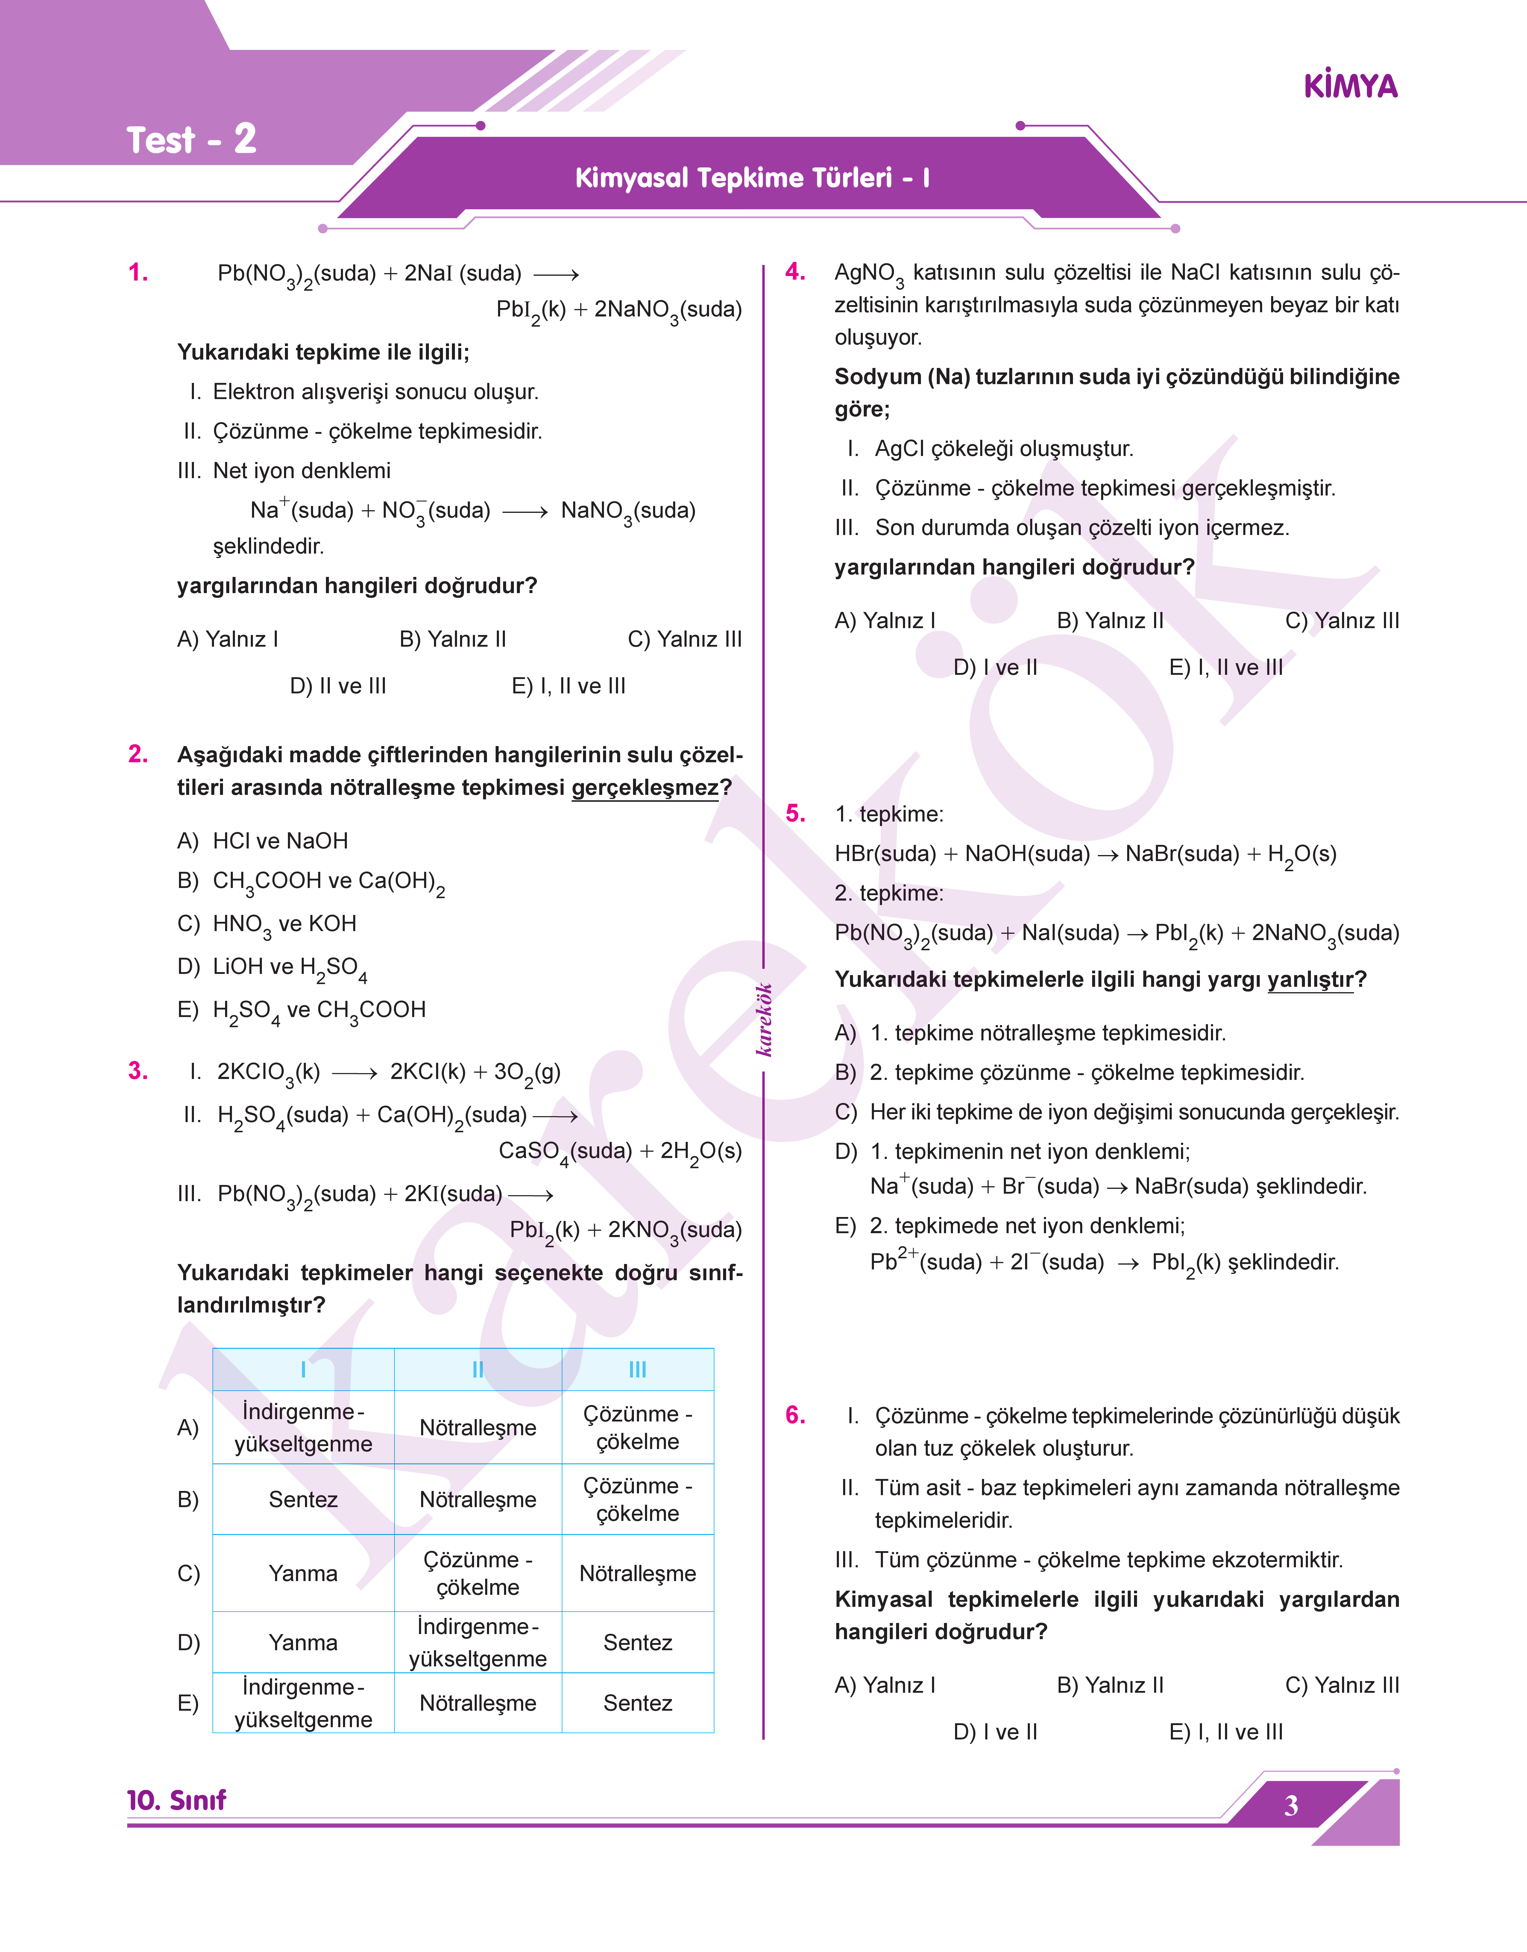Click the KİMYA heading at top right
[x=1350, y=87]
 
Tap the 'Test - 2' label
[x=191, y=140]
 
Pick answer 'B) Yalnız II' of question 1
[x=452, y=639]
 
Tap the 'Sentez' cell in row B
[x=303, y=1500]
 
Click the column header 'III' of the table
[x=637, y=1369]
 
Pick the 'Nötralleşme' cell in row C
[x=637, y=1574]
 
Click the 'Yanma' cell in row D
[x=303, y=1643]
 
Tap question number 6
[x=795, y=1415]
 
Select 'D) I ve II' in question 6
[x=995, y=1732]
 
